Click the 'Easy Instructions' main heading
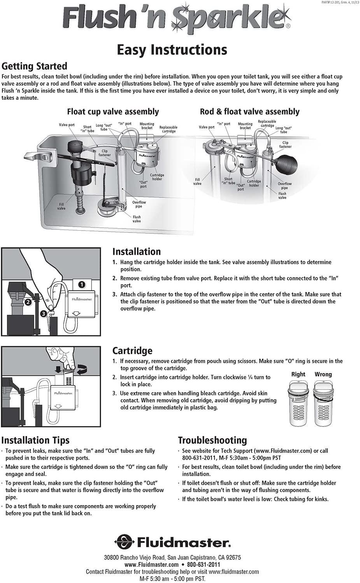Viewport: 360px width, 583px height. (172, 50)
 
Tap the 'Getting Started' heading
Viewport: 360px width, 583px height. (34, 66)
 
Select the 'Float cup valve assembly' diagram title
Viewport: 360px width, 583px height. (113, 112)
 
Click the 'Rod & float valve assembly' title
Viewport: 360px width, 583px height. (249, 112)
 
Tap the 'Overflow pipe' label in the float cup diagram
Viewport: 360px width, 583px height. (139, 204)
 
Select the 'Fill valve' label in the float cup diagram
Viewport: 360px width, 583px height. (61, 206)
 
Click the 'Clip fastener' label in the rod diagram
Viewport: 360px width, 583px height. (285, 144)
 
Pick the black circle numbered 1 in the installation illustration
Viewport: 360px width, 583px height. (81, 284)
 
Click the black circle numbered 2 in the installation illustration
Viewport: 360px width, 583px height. (28, 301)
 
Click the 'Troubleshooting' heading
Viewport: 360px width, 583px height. (212, 440)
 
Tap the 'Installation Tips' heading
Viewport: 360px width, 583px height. (35, 440)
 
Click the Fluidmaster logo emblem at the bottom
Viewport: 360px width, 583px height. (124, 542)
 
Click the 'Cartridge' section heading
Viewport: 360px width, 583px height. (132, 351)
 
